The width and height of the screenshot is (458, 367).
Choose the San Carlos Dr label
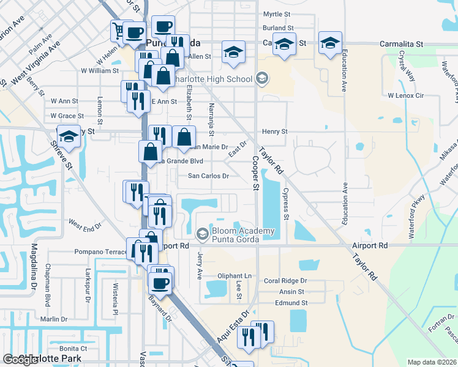point(208,176)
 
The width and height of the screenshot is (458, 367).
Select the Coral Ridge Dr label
point(285,281)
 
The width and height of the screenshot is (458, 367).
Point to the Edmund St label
point(291,303)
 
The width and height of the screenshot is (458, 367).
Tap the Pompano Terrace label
point(100,251)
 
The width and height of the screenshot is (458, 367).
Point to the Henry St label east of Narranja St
point(275,132)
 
